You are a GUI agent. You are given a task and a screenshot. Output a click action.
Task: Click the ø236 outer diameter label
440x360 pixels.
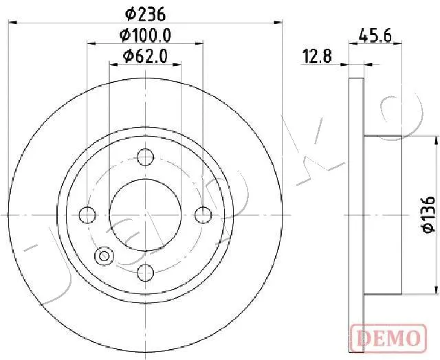click(145, 14)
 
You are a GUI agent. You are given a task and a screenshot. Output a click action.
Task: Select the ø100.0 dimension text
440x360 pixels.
click(145, 36)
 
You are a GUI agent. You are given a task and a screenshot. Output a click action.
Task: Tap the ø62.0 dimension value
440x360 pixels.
click(145, 56)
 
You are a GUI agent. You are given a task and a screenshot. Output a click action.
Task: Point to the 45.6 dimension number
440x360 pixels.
click(375, 36)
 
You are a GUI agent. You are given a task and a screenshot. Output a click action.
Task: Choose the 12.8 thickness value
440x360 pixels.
click(317, 56)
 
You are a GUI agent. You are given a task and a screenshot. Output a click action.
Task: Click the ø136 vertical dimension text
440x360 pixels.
click(428, 215)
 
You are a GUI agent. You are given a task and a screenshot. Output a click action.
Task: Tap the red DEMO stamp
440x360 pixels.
click(388, 338)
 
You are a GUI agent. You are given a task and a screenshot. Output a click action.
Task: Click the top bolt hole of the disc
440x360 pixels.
click(145, 157)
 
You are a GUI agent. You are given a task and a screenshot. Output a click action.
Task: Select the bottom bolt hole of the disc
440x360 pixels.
click(145, 273)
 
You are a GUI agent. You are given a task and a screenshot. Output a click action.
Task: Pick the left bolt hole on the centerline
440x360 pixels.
click(87, 215)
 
